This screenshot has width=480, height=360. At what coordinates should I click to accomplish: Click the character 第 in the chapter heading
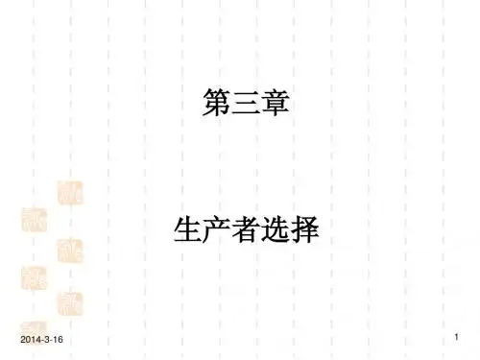click(x=217, y=102)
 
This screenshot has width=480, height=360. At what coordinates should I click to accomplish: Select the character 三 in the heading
click(x=246, y=103)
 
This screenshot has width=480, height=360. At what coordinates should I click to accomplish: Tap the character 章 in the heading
click(x=276, y=102)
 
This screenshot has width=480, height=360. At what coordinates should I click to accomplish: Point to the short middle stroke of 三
click(x=246, y=102)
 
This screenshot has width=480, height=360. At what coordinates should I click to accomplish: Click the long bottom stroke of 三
click(x=246, y=111)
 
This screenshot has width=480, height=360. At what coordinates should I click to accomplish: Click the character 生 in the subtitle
click(x=187, y=229)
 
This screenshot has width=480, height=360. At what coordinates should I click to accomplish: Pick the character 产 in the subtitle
click(x=217, y=229)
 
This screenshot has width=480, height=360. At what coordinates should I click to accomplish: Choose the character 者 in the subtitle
click(x=246, y=229)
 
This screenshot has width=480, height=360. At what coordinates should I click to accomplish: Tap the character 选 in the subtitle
click(x=276, y=229)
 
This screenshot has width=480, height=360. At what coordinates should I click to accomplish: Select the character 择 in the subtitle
click(x=304, y=229)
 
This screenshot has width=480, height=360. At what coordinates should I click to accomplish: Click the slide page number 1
click(x=457, y=337)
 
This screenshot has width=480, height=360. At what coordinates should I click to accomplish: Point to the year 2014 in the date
click(x=29, y=340)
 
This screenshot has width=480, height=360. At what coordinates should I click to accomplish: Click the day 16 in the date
click(x=58, y=340)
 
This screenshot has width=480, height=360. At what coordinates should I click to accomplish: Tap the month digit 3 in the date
click(x=46, y=340)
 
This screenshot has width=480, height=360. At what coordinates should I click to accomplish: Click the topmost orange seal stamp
click(x=70, y=193)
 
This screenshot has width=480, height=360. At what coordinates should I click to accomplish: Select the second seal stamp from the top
click(x=35, y=220)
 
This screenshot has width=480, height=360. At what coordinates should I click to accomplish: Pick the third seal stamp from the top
click(x=70, y=251)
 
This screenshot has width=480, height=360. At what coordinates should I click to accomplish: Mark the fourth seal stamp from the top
click(x=34, y=278)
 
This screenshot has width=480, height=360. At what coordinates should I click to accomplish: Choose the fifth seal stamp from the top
click(x=70, y=304)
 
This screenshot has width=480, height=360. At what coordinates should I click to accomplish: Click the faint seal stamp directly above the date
click(x=34, y=328)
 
